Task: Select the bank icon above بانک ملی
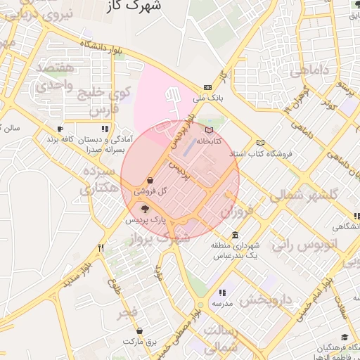click(207, 87)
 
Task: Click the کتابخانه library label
click(208, 141)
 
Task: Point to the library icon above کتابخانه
click(207, 130)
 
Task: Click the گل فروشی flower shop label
click(151, 191)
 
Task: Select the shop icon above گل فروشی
click(150, 180)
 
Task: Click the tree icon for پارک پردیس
click(146, 208)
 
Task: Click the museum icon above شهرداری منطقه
click(234, 235)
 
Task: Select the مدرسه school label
click(222, 304)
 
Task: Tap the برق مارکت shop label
click(139, 341)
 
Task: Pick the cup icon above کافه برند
click(60, 129)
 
